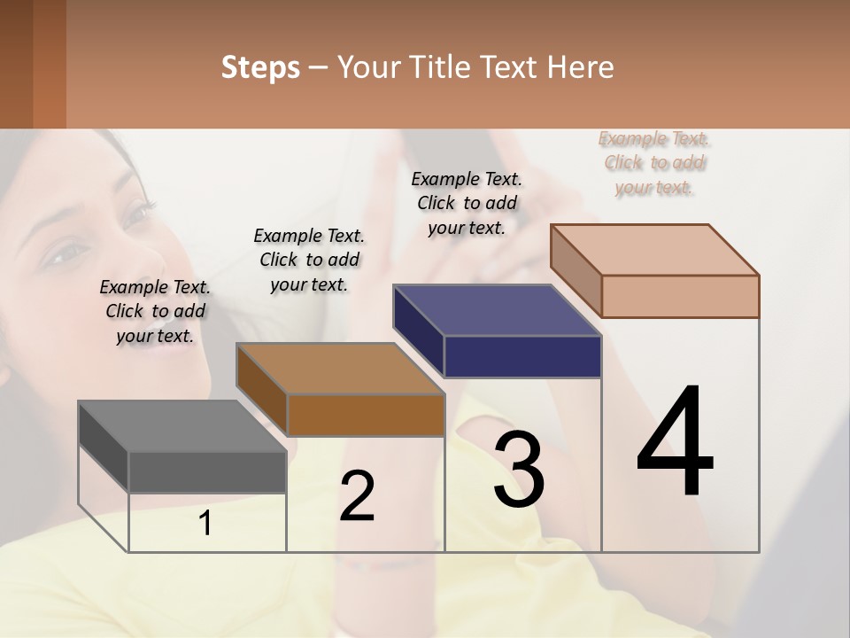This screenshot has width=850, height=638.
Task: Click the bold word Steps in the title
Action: (x=260, y=67)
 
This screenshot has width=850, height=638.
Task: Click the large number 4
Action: (x=675, y=443)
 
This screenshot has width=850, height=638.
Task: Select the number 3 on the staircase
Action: (x=519, y=470)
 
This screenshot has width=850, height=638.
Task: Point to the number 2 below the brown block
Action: (x=357, y=496)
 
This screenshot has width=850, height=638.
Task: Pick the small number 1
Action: (x=205, y=524)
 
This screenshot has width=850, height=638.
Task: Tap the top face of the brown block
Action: (x=340, y=369)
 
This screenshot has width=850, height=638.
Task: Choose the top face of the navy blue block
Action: (x=497, y=310)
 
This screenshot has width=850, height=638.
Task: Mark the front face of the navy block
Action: (x=522, y=356)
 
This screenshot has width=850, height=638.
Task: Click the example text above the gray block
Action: (x=155, y=311)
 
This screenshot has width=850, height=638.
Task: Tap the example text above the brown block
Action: (x=309, y=260)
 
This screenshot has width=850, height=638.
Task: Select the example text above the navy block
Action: (x=467, y=203)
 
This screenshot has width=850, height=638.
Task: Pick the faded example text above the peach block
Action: (x=654, y=163)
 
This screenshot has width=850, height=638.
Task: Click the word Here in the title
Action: (x=581, y=67)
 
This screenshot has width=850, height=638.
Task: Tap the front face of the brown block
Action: (x=366, y=415)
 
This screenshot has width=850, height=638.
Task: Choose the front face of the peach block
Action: (x=680, y=296)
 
